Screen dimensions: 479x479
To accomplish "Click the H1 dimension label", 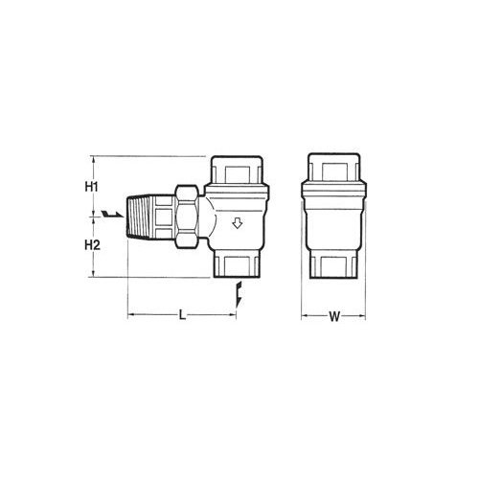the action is coord(91,187).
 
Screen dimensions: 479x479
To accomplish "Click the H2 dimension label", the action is coord(92,245).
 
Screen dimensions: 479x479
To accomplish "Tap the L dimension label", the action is coord(182,315).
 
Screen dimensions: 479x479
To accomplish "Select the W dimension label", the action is coord(334,317).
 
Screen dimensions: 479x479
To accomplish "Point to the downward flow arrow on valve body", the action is coord(237,223).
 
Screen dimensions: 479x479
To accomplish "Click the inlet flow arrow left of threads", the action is coord(112,214).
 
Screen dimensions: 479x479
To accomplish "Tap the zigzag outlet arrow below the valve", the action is coord(239,294).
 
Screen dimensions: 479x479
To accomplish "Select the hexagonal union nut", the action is coord(187,217).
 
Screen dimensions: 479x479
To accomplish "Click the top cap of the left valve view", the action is coord(238,171).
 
